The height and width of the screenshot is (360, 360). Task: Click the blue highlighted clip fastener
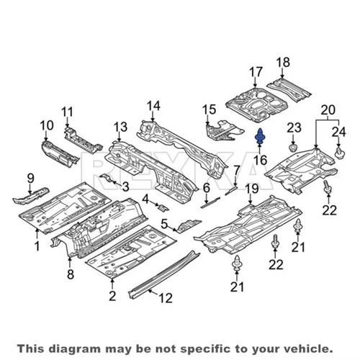pyautogui.click(x=259, y=137)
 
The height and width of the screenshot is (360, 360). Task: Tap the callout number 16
pyautogui.click(x=261, y=160)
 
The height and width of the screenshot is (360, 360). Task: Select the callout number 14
pyautogui.click(x=153, y=106)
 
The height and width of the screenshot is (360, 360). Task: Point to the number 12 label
pyautogui.click(x=166, y=298)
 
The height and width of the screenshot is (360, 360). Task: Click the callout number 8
pyautogui.click(x=71, y=274)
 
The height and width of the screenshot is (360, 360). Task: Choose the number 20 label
pyautogui.click(x=328, y=110)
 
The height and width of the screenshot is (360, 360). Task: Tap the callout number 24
pyautogui.click(x=339, y=132)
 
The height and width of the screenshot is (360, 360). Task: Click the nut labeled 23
pyautogui.click(x=293, y=148)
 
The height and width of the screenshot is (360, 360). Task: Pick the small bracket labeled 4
pyautogui.click(x=163, y=207)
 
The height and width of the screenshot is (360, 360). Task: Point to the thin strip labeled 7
pyautogui.click(x=231, y=190)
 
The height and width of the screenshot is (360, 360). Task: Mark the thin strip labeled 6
pyautogui.click(x=210, y=202)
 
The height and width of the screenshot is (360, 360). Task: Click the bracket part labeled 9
pyautogui.click(x=30, y=196)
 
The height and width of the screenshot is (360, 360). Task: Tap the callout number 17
pyautogui.click(x=256, y=72)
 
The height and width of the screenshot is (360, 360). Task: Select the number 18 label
pyautogui.click(x=283, y=62)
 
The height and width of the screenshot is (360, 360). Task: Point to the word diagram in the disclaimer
pyautogui.click(x=76, y=349)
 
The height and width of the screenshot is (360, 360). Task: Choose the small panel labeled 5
pyautogui.click(x=187, y=226)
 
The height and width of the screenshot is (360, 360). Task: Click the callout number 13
pyautogui.click(x=120, y=127)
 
